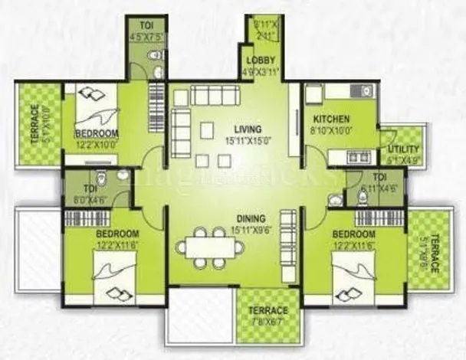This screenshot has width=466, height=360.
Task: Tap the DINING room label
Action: click(251, 218)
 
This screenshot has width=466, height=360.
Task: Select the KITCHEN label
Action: click(330, 119)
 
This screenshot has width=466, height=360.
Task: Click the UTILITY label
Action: click(403, 149)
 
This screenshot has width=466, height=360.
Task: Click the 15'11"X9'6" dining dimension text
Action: click(251, 229)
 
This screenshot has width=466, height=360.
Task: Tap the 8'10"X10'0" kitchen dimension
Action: click(330, 131)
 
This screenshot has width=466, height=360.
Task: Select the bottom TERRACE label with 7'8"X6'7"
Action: click(267, 310)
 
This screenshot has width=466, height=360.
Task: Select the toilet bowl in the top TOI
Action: click(153, 55)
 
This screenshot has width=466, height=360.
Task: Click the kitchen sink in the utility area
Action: click(355, 157)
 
